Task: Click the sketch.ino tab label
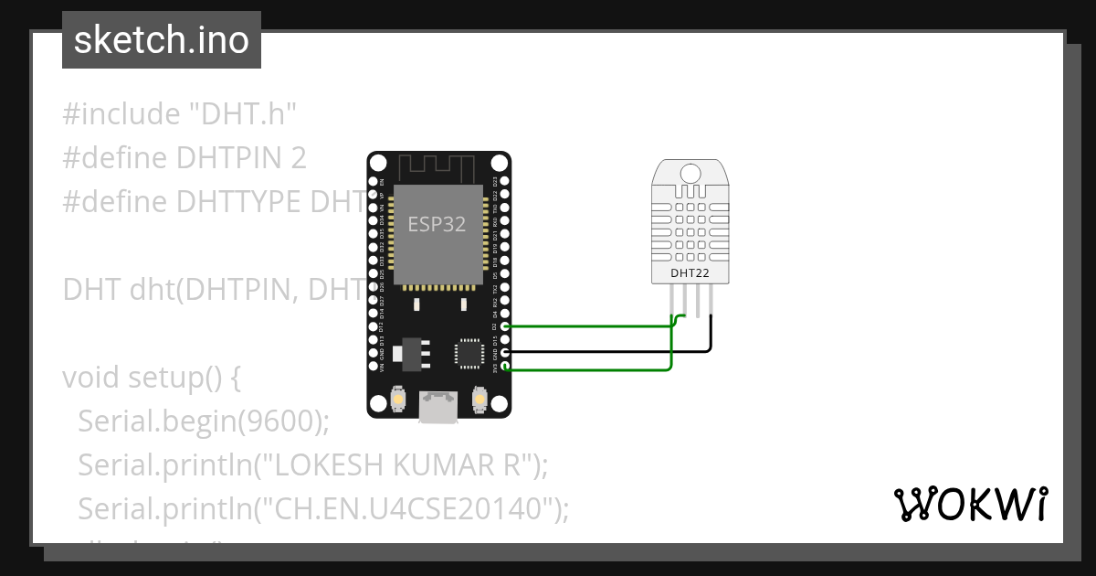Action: pos(162,40)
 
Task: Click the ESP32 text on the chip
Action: pos(437,225)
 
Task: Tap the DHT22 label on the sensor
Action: pos(690,272)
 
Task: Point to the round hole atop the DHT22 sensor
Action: pos(690,173)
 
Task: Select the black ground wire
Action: pos(603,351)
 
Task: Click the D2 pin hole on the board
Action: pos(505,326)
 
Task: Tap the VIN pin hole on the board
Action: pos(373,367)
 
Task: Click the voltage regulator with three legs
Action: pos(407,352)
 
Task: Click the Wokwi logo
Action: pos(970,504)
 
